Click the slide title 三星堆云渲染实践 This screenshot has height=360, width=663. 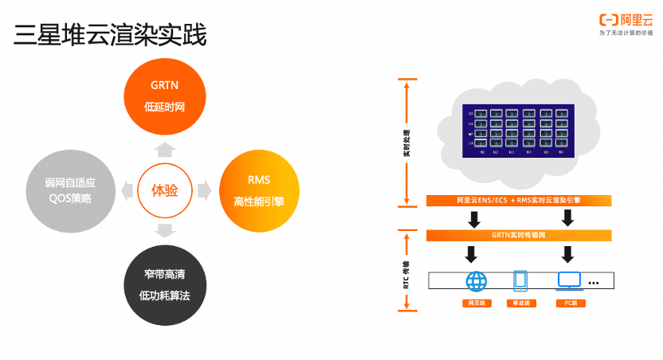110,36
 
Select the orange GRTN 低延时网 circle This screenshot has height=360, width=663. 164,95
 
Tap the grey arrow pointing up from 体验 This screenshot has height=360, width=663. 164,148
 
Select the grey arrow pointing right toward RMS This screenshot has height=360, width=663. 204,190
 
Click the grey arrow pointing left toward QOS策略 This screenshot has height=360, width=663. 126,190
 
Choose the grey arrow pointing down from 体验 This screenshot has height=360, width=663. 164,232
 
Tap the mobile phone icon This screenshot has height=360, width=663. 521,280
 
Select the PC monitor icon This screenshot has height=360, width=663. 569,280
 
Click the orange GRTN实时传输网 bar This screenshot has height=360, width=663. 518,235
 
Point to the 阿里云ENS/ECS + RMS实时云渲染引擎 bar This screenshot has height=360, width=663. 518,201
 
